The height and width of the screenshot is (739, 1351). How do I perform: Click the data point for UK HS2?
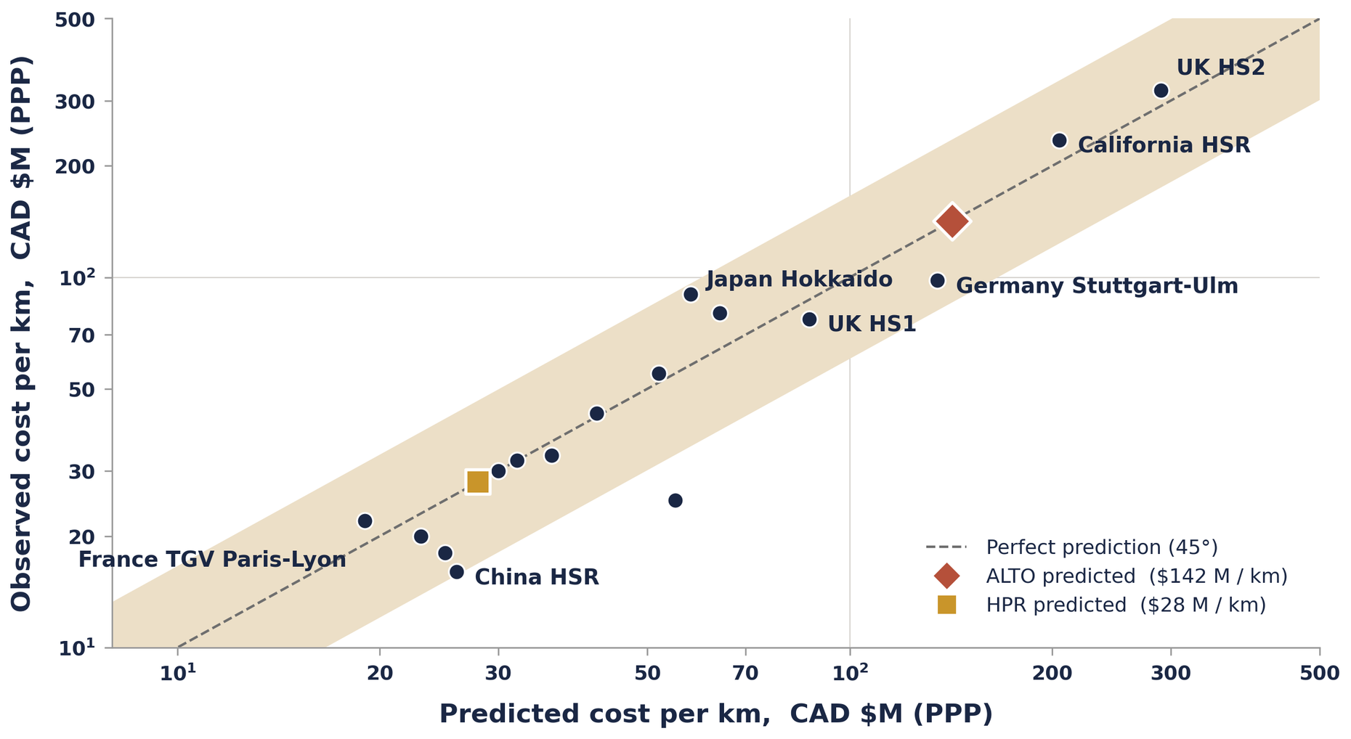tap(1161, 91)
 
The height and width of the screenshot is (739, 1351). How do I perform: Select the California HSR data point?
tap(1059, 140)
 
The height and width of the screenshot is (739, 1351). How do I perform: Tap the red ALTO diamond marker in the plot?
tap(952, 221)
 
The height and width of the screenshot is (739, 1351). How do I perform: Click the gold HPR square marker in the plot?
tap(477, 481)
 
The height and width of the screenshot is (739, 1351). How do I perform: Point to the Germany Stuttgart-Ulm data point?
tap(937, 280)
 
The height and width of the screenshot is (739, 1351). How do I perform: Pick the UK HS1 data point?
tap(809, 319)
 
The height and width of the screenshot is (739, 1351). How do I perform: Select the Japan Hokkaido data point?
tap(691, 294)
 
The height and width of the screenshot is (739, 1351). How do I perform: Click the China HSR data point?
tap(456, 572)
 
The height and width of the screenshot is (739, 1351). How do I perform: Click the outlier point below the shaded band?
tap(675, 500)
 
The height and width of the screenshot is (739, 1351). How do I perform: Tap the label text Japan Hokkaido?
tap(799, 279)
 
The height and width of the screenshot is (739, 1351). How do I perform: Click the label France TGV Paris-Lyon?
tap(212, 560)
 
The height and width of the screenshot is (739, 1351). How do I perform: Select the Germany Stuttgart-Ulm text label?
tap(1097, 286)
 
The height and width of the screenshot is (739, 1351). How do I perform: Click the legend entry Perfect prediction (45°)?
tap(1101, 547)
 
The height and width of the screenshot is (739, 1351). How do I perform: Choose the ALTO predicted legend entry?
tap(1136, 576)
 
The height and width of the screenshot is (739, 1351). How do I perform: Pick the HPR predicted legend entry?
tap(1125, 605)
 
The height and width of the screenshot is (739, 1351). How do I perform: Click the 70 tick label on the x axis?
tap(745, 674)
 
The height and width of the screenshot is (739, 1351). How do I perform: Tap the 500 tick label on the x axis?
tap(1319, 674)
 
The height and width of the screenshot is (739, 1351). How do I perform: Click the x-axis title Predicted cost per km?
tap(715, 714)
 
